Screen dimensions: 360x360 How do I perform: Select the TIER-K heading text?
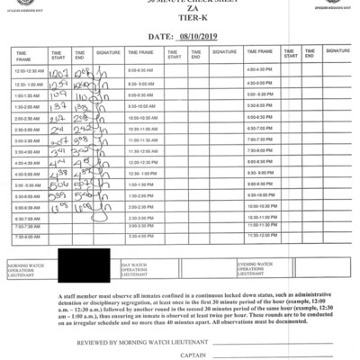[x=180, y=21]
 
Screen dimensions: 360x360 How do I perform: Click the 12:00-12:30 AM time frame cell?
[x=29, y=70]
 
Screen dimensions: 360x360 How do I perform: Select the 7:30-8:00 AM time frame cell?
[x=29, y=237]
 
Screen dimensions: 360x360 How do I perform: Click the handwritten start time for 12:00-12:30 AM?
[x=60, y=71]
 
